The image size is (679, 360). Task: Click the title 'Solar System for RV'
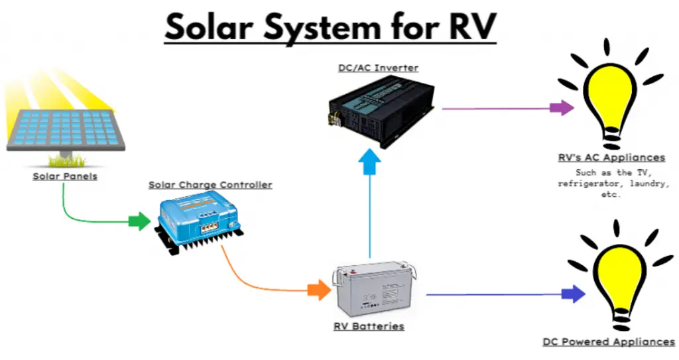(x=330, y=28)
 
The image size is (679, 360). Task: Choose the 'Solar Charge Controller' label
(x=210, y=185)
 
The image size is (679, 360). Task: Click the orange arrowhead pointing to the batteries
(x=320, y=290)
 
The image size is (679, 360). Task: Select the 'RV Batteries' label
(x=369, y=326)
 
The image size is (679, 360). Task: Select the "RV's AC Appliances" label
(x=611, y=158)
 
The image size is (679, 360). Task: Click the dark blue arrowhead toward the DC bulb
(x=573, y=294)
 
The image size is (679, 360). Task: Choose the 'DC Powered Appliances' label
(x=608, y=341)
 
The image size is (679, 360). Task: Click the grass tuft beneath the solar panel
(x=66, y=160)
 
